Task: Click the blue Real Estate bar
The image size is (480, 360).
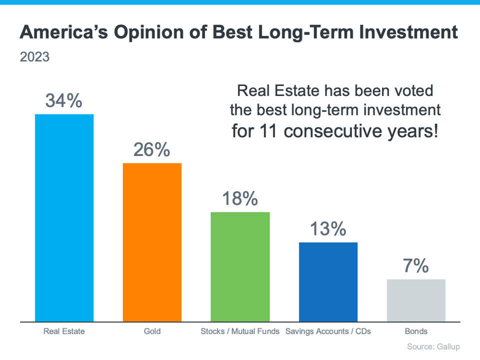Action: tap(64, 217)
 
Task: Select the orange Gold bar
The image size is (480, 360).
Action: tap(152, 242)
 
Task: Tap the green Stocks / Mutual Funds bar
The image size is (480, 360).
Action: tap(240, 266)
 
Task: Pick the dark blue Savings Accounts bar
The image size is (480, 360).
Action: tap(328, 281)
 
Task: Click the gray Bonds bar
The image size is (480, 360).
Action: tap(416, 300)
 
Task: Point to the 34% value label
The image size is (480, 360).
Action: tap(63, 101)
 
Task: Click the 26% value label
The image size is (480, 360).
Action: tap(151, 150)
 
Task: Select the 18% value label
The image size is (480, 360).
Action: tap(240, 199)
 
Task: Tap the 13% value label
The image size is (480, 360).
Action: tap(328, 229)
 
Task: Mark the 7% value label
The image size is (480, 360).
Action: tap(416, 266)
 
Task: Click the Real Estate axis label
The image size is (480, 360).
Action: tap(64, 331)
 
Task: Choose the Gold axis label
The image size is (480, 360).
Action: tap(152, 331)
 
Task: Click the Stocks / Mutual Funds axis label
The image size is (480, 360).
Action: tap(240, 331)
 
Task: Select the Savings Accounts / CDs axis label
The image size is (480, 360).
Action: tap(328, 331)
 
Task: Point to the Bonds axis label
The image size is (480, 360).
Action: tap(416, 331)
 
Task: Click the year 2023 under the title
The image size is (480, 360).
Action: tap(34, 57)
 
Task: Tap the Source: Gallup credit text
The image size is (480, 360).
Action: tap(433, 346)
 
